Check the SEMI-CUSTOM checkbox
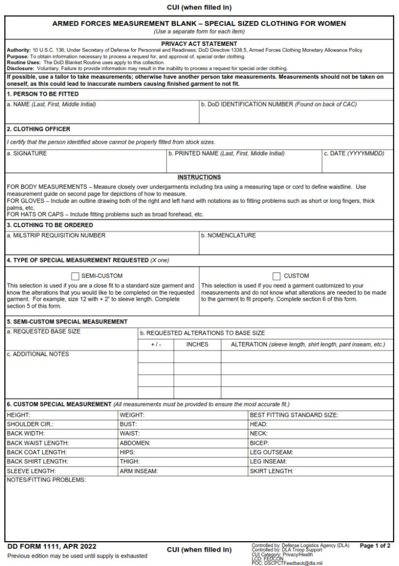coord(76,276)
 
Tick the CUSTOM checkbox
coord(277,276)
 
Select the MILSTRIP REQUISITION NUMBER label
coord(56,235)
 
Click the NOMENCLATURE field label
coord(228,235)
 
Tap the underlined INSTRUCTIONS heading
coord(199,177)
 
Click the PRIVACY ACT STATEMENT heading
coord(199,44)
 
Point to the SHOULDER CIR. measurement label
coord(30,424)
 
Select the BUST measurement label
coord(128,424)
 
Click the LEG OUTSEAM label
coord(271,452)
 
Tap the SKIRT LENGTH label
coord(272,471)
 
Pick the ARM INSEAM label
coord(138,471)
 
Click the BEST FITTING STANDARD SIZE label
coord(294,415)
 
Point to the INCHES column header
coord(197,344)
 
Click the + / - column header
coord(156,344)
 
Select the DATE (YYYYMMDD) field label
coord(354,153)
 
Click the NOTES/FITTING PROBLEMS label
coord(46,480)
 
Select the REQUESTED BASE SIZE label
coord(43,332)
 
